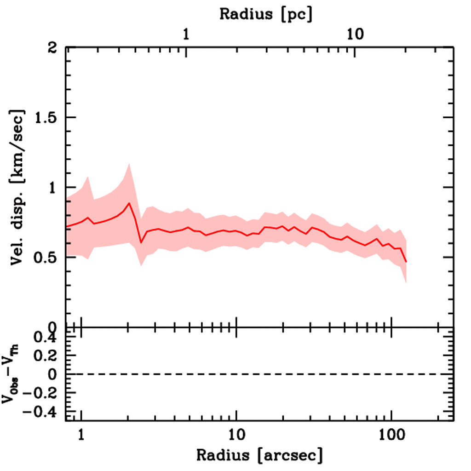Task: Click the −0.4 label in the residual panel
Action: click(39, 412)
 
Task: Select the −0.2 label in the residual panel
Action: click(39, 393)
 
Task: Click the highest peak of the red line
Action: click(129, 203)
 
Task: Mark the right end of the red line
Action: click(406, 262)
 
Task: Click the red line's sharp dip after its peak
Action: click(141, 242)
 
